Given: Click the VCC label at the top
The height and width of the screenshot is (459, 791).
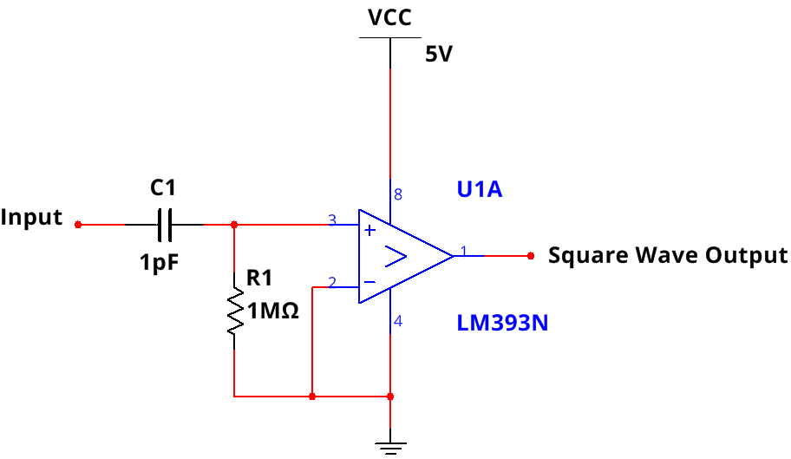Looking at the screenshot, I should (x=389, y=18).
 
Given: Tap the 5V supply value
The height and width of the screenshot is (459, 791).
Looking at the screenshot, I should (x=438, y=55).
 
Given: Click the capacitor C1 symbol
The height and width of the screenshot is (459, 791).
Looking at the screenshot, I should (x=165, y=225).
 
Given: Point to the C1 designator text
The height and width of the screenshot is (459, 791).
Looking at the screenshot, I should (x=163, y=187).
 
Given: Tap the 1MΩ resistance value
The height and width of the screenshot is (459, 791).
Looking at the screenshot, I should (x=273, y=311).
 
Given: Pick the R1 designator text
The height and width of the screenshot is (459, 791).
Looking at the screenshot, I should (x=259, y=279).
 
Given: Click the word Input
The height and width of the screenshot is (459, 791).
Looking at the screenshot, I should (x=32, y=217).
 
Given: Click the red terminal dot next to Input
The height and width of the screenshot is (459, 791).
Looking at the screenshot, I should (x=78, y=225).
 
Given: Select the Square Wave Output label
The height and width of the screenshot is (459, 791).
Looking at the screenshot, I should (x=668, y=255).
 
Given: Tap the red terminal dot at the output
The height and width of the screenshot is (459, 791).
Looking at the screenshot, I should (x=530, y=256).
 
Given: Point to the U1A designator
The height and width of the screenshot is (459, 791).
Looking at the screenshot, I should (x=480, y=189).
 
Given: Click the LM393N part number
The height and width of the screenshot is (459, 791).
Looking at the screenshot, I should (x=503, y=324).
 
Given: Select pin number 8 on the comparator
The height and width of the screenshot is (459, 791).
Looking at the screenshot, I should (x=398, y=193).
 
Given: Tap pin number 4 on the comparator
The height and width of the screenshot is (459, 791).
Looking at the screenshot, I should (x=398, y=322).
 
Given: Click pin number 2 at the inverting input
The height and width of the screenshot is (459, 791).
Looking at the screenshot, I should (x=331, y=282).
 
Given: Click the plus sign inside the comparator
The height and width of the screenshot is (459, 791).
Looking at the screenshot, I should (x=369, y=231).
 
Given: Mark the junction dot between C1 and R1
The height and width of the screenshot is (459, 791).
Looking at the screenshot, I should (x=234, y=225).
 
